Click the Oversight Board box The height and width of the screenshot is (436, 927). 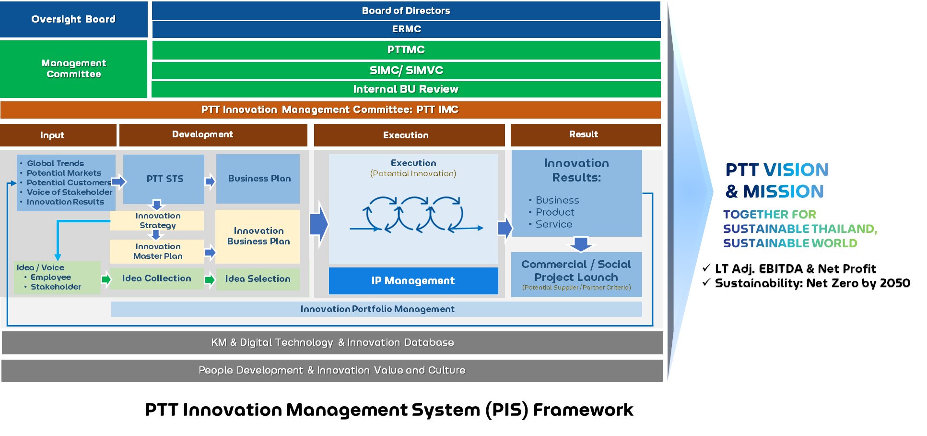(x=73, y=19)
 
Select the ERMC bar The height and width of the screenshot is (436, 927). (x=406, y=29)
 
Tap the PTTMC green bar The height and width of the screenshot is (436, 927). (x=406, y=50)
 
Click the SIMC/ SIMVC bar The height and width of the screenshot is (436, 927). (x=406, y=71)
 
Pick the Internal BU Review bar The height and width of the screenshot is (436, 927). (x=406, y=89)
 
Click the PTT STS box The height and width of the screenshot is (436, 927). (x=164, y=179)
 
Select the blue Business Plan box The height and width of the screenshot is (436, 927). (x=258, y=179)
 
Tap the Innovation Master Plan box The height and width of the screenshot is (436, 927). (x=157, y=252)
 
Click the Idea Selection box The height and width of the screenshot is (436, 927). (x=258, y=279)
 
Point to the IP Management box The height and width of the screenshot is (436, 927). (x=413, y=281)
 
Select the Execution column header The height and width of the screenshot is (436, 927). (x=410, y=135)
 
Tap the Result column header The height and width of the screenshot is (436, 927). (x=586, y=135)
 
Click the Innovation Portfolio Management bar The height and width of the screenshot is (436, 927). (x=376, y=309)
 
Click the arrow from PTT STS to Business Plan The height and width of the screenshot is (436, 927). (x=210, y=182)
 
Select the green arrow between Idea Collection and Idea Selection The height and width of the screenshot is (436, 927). (x=210, y=279)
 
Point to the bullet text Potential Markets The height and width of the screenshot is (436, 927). (x=64, y=173)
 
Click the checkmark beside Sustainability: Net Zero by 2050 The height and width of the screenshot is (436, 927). (x=706, y=282)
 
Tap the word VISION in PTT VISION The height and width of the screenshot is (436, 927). (x=796, y=170)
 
